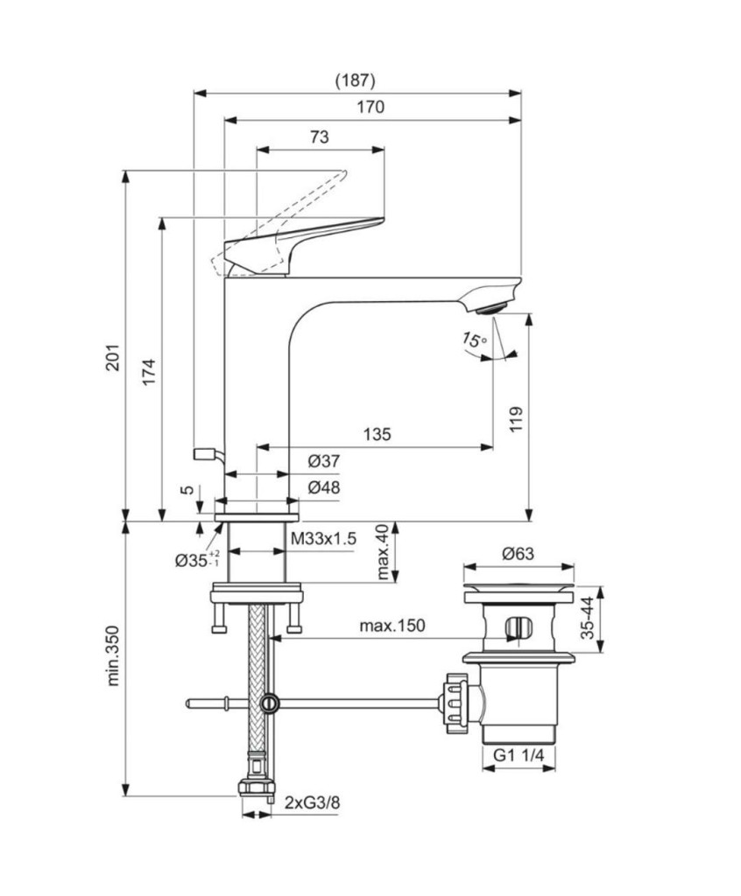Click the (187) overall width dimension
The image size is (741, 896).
pyautogui.click(x=355, y=80)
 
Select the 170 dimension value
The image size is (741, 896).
pyautogui.click(x=370, y=108)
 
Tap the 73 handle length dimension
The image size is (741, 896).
pyautogui.click(x=320, y=137)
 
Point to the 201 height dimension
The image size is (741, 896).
pyautogui.click(x=113, y=357)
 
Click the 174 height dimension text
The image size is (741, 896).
pyautogui.click(x=149, y=372)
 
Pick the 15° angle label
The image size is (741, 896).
pyautogui.click(x=475, y=340)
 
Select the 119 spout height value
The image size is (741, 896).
pyautogui.click(x=516, y=419)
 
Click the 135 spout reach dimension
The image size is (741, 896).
pyautogui.click(x=378, y=434)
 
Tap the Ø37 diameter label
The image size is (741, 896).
pyautogui.click(x=324, y=461)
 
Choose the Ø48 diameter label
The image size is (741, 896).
pyautogui.click(x=324, y=487)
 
